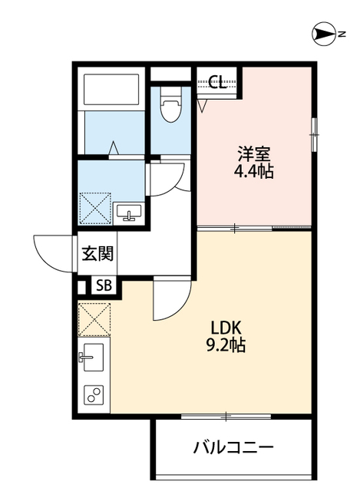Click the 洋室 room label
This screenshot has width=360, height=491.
click(254, 153)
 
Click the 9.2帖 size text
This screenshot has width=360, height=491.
click(224, 345)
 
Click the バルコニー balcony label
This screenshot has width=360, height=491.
click(233, 447)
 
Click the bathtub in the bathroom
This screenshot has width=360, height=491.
click(111, 91)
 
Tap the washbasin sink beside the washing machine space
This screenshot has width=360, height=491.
click(127, 212)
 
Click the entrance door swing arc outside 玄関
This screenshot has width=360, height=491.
click(52, 252)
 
